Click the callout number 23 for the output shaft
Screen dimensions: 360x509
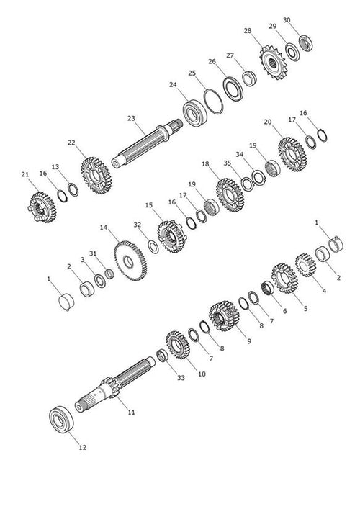tap(131, 119)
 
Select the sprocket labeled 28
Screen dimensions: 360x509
tap(273, 63)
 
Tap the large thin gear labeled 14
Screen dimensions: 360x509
tap(130, 261)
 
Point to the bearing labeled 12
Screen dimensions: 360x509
tap(61, 419)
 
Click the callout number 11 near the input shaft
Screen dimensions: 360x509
tap(131, 413)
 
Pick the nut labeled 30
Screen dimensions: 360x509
tap(305, 43)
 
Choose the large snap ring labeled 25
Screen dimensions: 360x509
tap(213, 102)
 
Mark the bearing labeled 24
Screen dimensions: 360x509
tap(195, 113)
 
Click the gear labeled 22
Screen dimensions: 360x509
tap(96, 176)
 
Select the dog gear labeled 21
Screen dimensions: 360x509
tap(42, 207)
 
